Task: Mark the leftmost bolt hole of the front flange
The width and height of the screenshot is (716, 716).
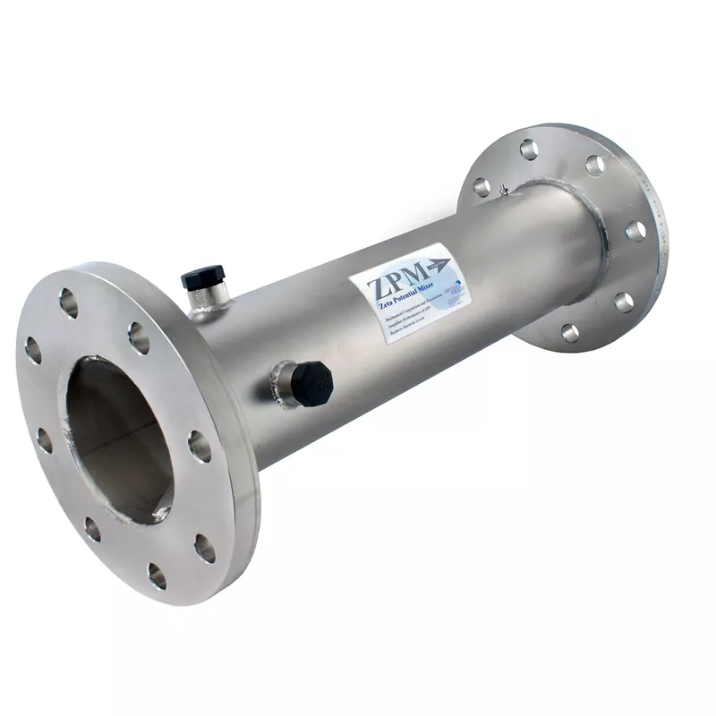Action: tap(33, 350)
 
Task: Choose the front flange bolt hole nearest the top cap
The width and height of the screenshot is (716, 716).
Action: tap(139, 337)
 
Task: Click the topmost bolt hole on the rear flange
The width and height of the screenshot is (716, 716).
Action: tap(529, 149)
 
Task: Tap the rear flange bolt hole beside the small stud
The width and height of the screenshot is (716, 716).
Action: tap(482, 187)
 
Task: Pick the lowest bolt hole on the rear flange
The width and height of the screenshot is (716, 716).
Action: tap(569, 333)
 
